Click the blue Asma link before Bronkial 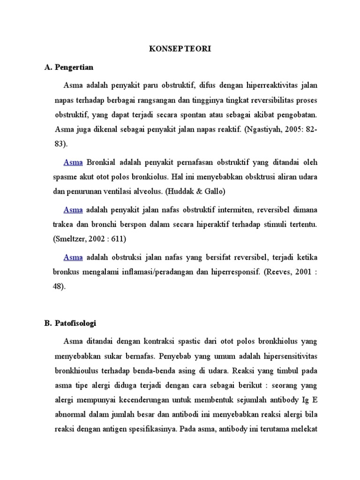tap(73, 163)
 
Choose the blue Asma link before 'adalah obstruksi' tap(73, 257)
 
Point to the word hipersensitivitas tap(283, 356)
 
